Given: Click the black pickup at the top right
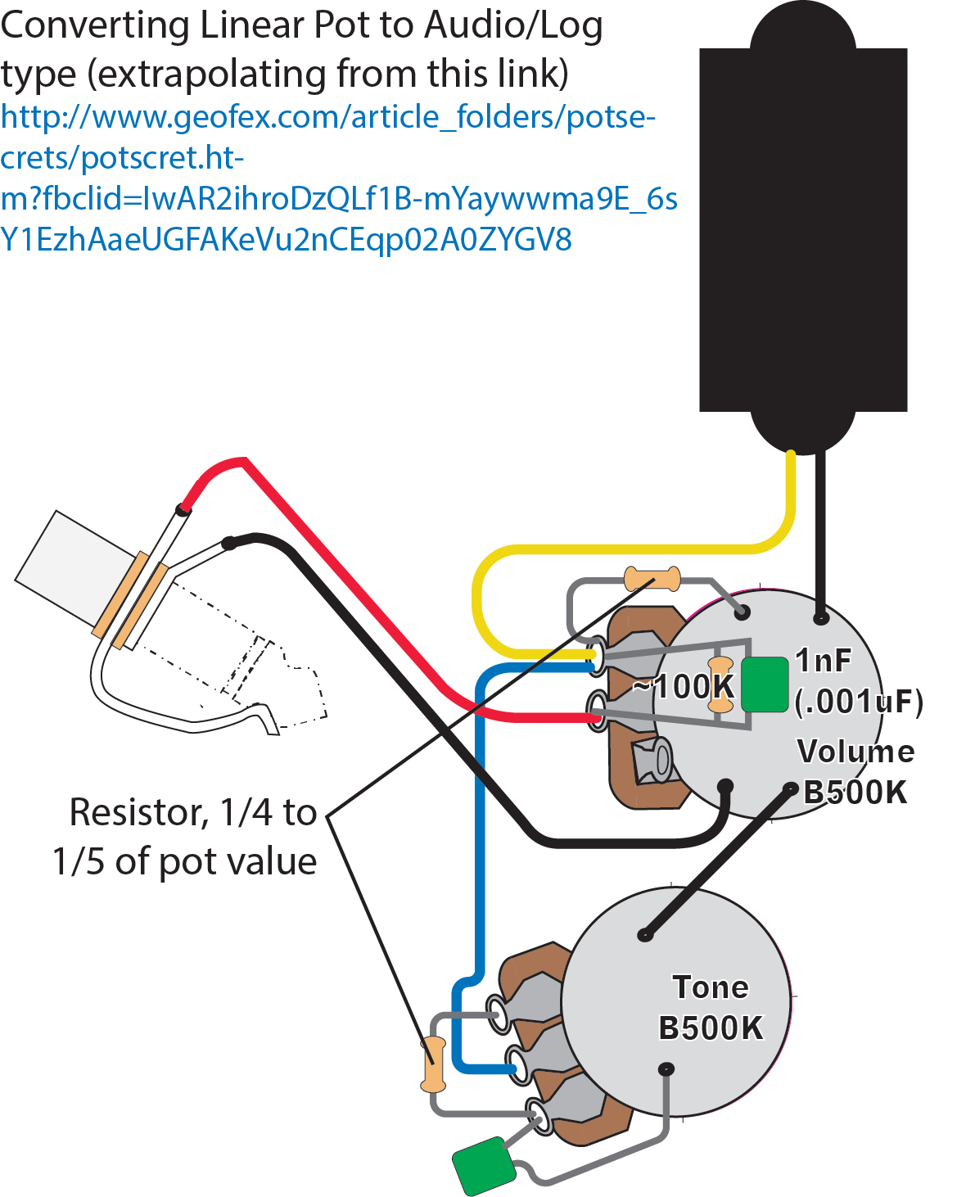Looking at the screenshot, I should pyautogui.click(x=803, y=229).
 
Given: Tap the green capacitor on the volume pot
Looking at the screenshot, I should pyautogui.click(x=765, y=684).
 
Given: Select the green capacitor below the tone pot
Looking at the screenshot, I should pyautogui.click(x=484, y=1165).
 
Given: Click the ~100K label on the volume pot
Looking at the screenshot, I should pyautogui.click(x=684, y=686).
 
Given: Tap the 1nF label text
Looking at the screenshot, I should pyautogui.click(x=823, y=660).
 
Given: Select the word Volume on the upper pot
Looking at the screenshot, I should pyautogui.click(x=855, y=752).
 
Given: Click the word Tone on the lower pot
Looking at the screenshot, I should pyautogui.click(x=711, y=987).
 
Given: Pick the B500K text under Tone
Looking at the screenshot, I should pyautogui.click(x=711, y=1028).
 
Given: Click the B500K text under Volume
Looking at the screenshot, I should pyautogui.click(x=855, y=793).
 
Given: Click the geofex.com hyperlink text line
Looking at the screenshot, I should pyautogui.click(x=327, y=118).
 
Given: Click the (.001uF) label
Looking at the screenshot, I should pyautogui.click(x=859, y=702).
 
